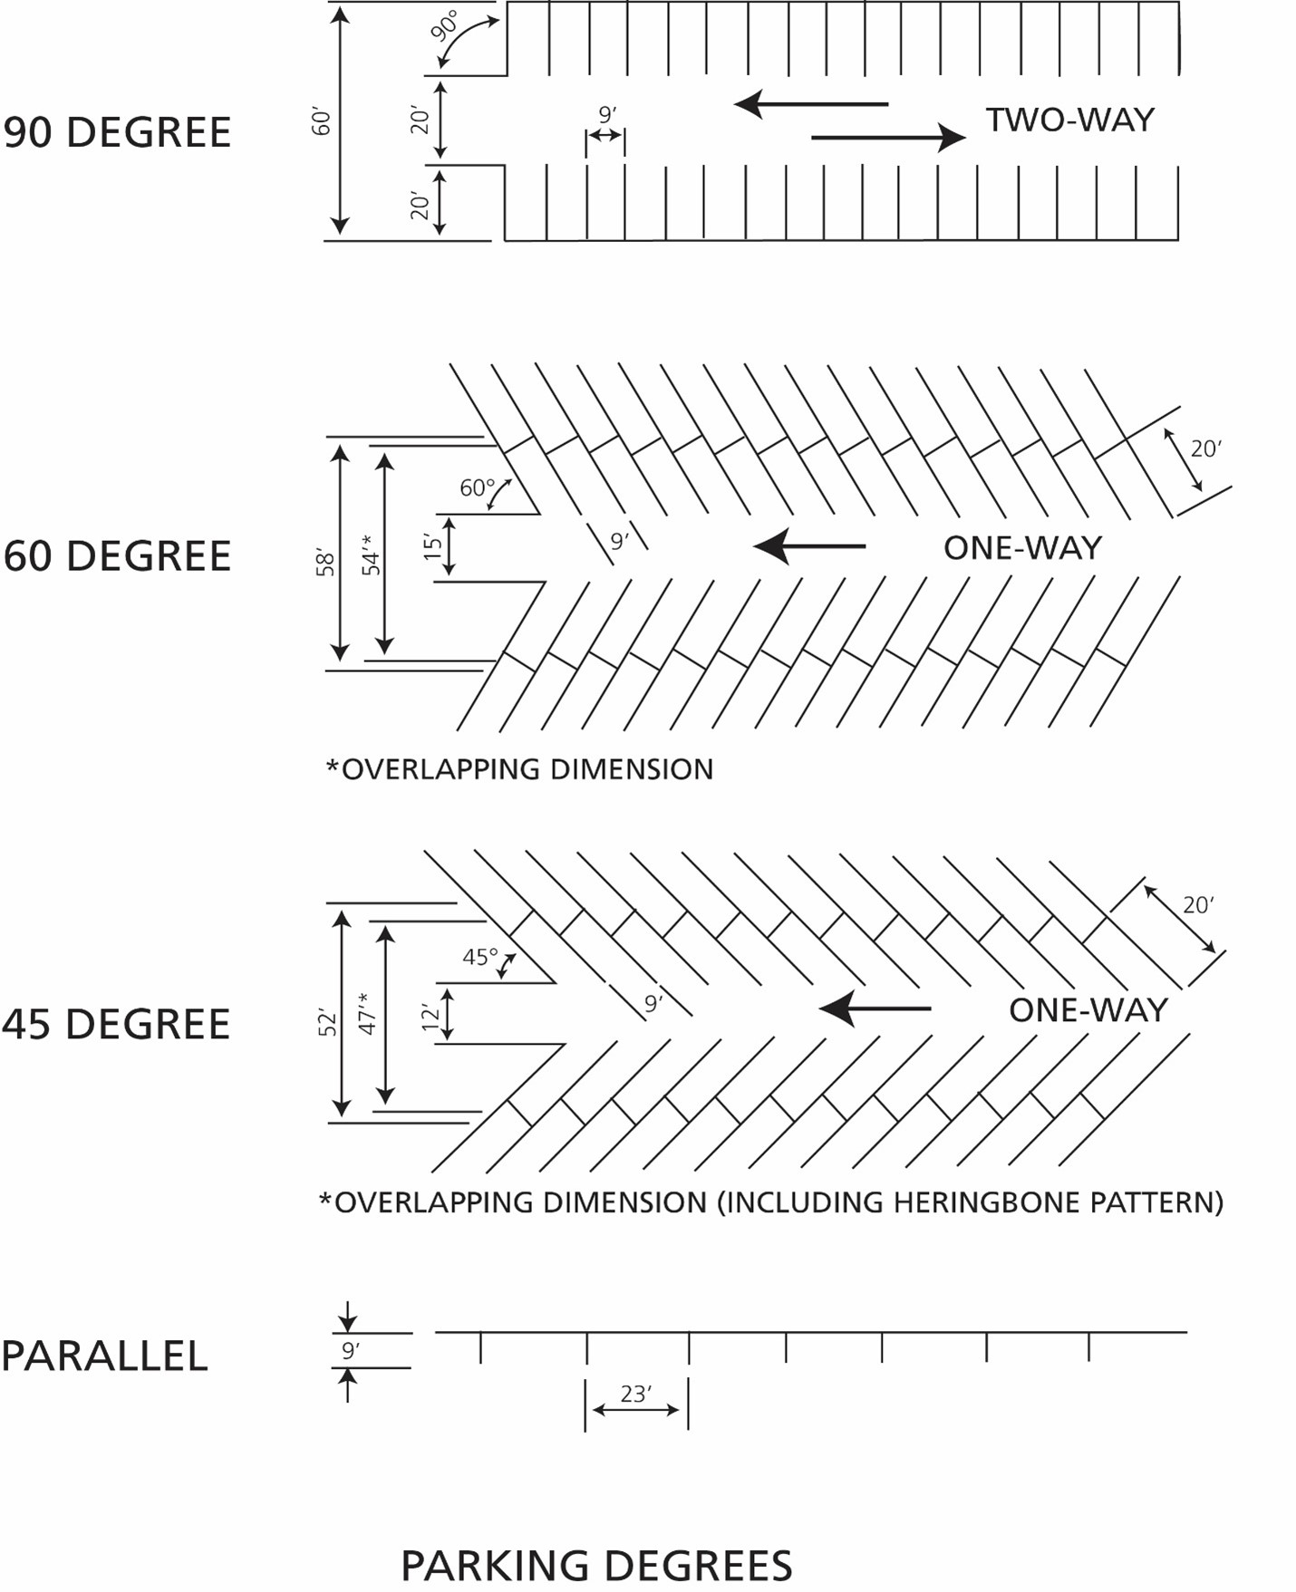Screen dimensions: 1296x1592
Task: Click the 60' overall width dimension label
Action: pos(321,121)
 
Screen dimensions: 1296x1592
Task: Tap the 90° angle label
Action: pos(445,25)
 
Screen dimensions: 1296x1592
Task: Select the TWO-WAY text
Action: pos(1069,120)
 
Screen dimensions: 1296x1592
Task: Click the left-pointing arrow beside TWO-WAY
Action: pos(810,104)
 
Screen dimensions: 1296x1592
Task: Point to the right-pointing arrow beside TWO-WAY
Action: pos(888,138)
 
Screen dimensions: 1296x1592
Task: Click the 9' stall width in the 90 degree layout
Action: pos(607,115)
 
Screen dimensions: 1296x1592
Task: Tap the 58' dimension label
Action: pos(325,561)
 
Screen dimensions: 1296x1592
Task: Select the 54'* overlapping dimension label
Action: pos(371,555)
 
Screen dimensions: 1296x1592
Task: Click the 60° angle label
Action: pos(477,487)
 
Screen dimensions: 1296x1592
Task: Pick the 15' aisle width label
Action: pos(433,546)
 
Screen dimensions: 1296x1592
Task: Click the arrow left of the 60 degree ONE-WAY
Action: pos(809,546)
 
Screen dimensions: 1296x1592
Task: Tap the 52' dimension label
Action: pos(327,1021)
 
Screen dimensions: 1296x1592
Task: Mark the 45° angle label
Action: pos(479,957)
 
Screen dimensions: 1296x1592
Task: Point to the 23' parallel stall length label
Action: pos(635,1394)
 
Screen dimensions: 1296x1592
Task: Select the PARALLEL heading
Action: pos(104,1356)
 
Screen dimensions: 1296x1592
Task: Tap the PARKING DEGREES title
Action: pos(596,1565)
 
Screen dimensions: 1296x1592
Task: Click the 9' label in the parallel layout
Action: pos(351,1351)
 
